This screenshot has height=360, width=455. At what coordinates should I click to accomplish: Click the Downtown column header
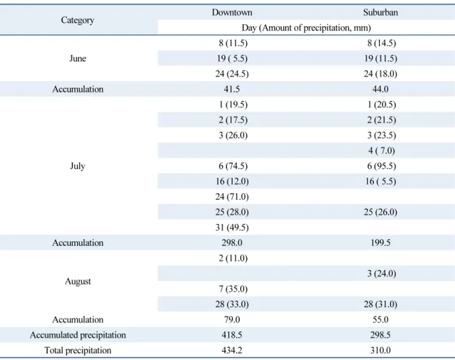pos(232,12)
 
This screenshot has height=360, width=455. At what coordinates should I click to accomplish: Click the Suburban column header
pos(381,12)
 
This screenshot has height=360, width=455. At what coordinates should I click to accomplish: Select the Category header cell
pos(78,20)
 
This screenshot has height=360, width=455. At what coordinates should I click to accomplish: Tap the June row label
pos(78,58)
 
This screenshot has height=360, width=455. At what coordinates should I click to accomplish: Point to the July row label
pos(78,166)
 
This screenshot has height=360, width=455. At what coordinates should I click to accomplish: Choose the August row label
pos(78,281)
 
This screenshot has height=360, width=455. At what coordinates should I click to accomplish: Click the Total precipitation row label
pos(78,350)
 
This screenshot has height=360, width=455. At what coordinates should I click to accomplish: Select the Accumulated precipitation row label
pos(78,335)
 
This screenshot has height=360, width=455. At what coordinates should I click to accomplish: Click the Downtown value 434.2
pos(232,350)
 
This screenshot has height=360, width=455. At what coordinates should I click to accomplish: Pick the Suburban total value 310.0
pos(381,350)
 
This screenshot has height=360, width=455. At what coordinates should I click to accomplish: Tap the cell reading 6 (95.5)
pos(381,166)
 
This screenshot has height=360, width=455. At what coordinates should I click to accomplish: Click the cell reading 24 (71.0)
pos(232,197)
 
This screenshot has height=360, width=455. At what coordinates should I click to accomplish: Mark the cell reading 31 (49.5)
pos(232,228)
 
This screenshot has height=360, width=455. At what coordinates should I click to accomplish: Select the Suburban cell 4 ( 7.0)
pos(381,151)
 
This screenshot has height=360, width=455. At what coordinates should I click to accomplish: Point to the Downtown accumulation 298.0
pos(232,242)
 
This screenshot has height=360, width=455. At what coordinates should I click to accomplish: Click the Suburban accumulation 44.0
pos(381,89)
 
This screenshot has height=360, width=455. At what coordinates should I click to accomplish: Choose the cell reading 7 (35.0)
pos(233,289)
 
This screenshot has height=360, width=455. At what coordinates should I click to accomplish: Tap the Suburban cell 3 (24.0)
pos(381,274)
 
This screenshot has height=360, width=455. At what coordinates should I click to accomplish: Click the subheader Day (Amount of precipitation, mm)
pos(306,28)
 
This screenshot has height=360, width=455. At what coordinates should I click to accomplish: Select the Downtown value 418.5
pos(232,335)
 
